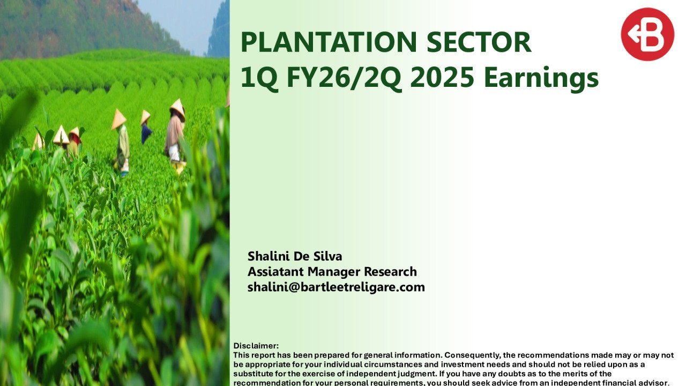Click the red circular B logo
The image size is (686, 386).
(x=647, y=34)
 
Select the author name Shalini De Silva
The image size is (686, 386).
(x=295, y=256)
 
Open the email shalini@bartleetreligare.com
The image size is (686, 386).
(x=336, y=287)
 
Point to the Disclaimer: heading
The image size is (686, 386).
(x=256, y=346)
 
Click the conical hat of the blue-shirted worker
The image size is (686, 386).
(x=145, y=116)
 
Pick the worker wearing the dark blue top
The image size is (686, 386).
(x=146, y=133)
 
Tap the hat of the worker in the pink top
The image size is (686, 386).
(x=177, y=108)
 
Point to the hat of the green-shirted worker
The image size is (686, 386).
(x=118, y=118)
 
